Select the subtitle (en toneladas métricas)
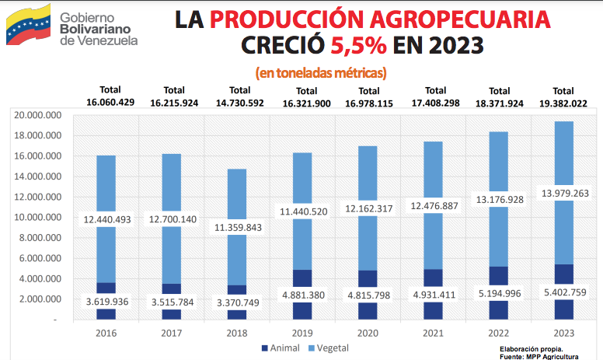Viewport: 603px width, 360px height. tap(321, 73)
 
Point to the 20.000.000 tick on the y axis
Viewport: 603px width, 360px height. tap(37, 115)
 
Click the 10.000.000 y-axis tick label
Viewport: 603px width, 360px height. tap(37, 218)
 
